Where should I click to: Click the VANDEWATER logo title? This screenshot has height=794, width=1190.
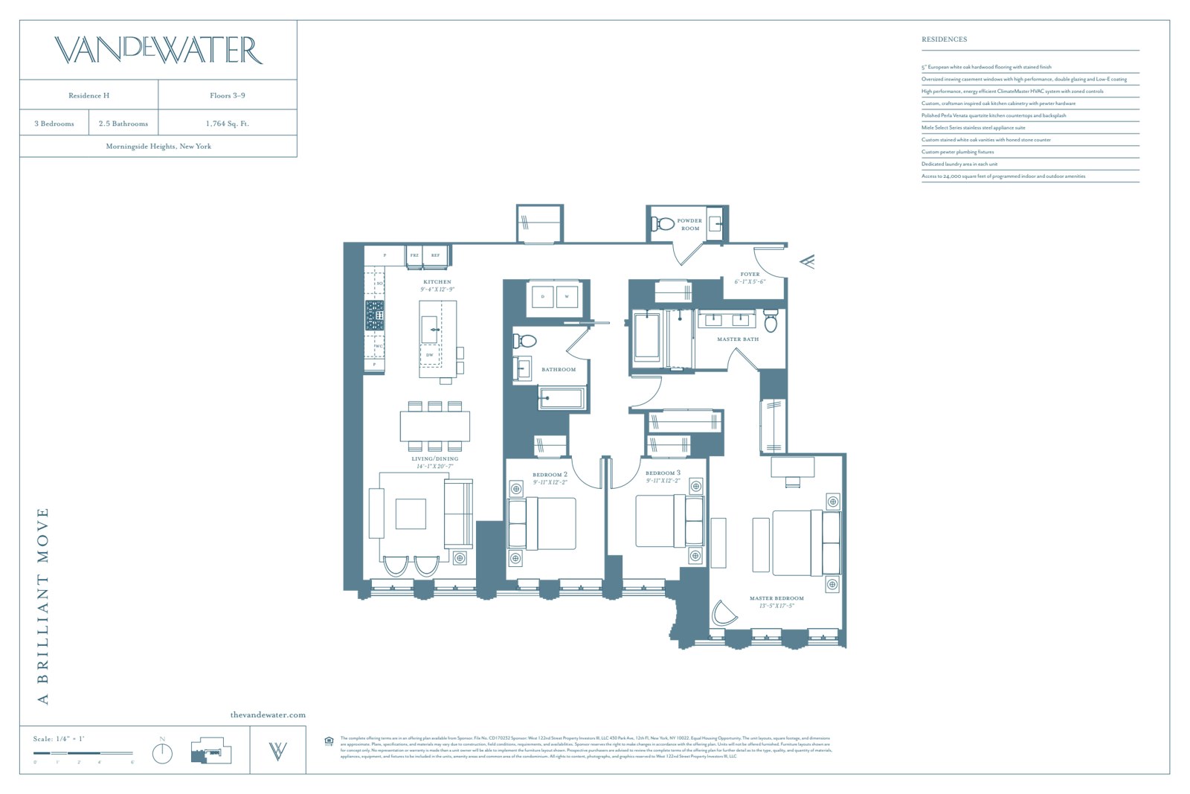click(x=158, y=50)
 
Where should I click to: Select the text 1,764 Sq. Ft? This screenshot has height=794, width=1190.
click(x=227, y=124)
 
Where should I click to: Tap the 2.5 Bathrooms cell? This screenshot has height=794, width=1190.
click(x=123, y=124)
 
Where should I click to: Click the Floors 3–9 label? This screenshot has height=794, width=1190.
click(x=227, y=95)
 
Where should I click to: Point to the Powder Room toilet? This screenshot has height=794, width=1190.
click(x=662, y=222)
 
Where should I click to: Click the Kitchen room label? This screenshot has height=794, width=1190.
click(x=437, y=282)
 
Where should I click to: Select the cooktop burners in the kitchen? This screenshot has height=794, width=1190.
click(x=374, y=316)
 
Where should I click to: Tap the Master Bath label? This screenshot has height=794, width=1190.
click(x=738, y=339)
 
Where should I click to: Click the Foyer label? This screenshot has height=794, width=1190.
click(x=750, y=275)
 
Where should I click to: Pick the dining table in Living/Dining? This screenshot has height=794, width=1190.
click(x=435, y=426)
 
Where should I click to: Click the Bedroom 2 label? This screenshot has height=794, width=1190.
click(x=550, y=475)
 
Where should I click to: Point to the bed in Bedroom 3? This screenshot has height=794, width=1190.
click(x=661, y=521)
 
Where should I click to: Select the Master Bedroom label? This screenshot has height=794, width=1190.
click(x=776, y=598)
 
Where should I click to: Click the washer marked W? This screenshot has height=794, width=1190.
click(x=567, y=297)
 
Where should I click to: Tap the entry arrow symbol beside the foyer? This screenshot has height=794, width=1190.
click(x=808, y=261)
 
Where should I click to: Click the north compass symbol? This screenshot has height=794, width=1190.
click(x=162, y=752)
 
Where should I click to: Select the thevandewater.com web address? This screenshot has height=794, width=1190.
click(x=268, y=715)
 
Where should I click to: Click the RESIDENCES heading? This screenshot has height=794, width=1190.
click(x=944, y=39)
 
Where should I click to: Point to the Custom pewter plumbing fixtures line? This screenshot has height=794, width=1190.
click(x=957, y=152)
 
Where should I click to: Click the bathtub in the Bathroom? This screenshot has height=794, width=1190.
click(x=562, y=398)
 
